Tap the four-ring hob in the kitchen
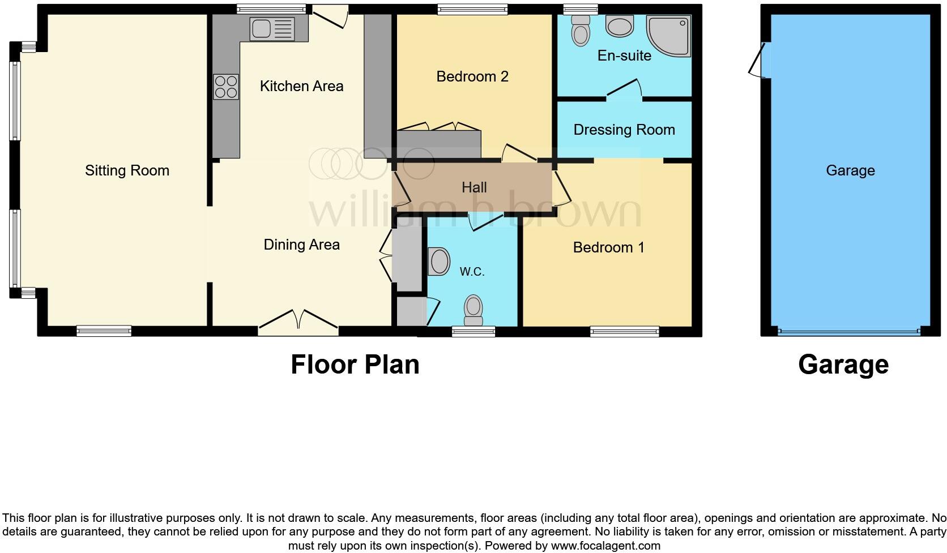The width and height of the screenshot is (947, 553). (x=225, y=87)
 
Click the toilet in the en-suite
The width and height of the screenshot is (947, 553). (x=581, y=30)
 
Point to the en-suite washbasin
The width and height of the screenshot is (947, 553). (x=620, y=25)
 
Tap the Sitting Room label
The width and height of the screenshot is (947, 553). (x=127, y=170)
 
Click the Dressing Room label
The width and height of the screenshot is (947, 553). (x=624, y=130)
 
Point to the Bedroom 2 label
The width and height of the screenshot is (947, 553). (x=472, y=76)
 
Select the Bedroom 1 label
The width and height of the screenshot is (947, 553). (x=608, y=247)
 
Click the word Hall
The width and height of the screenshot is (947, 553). (x=474, y=187)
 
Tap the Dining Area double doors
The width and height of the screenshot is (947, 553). (x=298, y=320)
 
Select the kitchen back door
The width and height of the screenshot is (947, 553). (x=331, y=17)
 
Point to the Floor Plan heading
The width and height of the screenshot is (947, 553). (x=355, y=365)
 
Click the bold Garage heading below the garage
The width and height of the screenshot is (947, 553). (x=843, y=365)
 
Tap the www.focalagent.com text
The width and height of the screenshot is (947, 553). (x=605, y=546)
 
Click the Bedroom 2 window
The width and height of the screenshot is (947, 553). (x=472, y=9)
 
